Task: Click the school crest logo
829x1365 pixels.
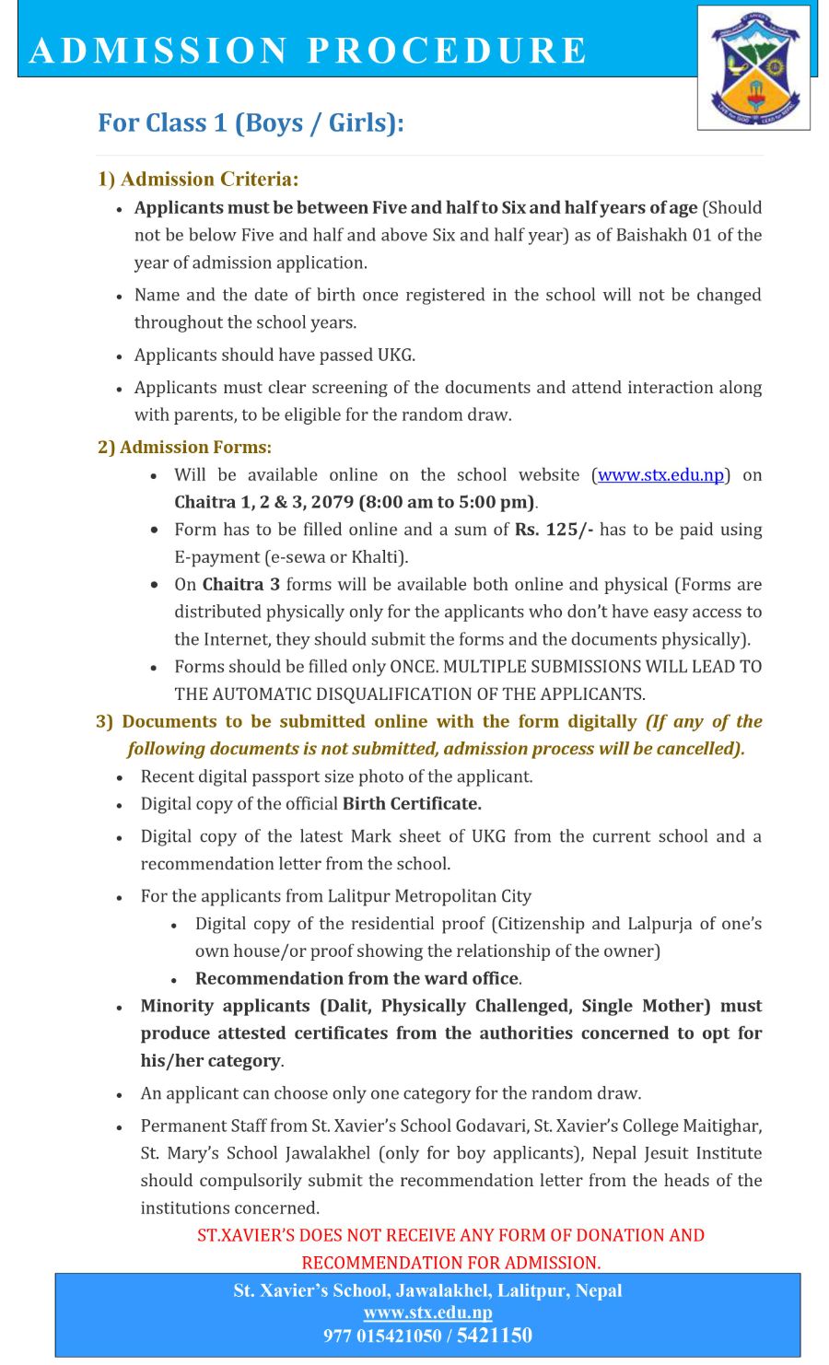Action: pos(754,68)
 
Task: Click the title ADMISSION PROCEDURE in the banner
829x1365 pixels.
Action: pos(308,50)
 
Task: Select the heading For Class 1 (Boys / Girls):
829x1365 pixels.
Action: pos(251,122)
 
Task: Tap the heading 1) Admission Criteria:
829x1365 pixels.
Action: pos(198,179)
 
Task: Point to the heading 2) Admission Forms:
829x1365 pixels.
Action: pos(184,447)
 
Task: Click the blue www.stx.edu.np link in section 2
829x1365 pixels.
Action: pos(660,475)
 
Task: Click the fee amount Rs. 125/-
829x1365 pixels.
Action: pos(554,530)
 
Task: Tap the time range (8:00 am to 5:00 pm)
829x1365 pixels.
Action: pos(448,503)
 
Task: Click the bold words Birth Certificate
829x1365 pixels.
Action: pos(412,804)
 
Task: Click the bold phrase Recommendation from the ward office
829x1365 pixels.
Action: pos(357,979)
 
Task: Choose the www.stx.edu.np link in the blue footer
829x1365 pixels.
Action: pos(427,1312)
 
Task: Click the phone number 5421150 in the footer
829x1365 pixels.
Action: pos(494,1336)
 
